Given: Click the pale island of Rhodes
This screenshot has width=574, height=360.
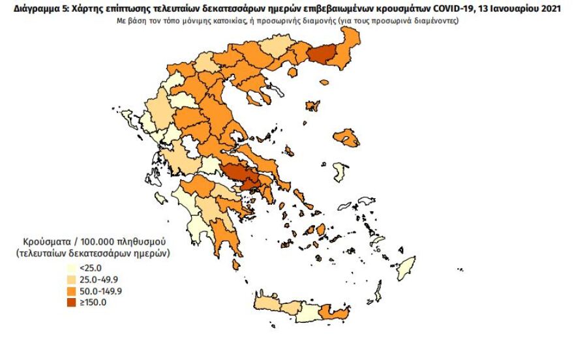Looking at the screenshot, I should point(407,267).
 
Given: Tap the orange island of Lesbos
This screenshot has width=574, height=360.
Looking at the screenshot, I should point(352,138).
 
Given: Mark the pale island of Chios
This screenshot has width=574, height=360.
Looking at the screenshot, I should point(340,172).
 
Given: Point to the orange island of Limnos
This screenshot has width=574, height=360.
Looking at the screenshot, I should point(312,106).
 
